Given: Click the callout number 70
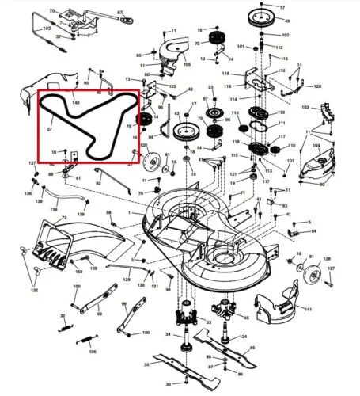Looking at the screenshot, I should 52,11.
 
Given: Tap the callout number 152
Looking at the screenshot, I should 47,29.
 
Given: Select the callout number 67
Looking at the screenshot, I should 120,13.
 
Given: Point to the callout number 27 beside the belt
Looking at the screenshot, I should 49,128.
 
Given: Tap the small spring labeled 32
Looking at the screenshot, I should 64,322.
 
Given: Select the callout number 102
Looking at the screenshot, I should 286,36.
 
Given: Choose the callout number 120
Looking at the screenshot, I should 317,86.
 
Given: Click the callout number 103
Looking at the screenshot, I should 305,106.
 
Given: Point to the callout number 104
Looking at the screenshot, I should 316,146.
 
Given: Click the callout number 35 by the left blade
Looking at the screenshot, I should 146,364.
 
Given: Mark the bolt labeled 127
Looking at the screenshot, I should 332,269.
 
